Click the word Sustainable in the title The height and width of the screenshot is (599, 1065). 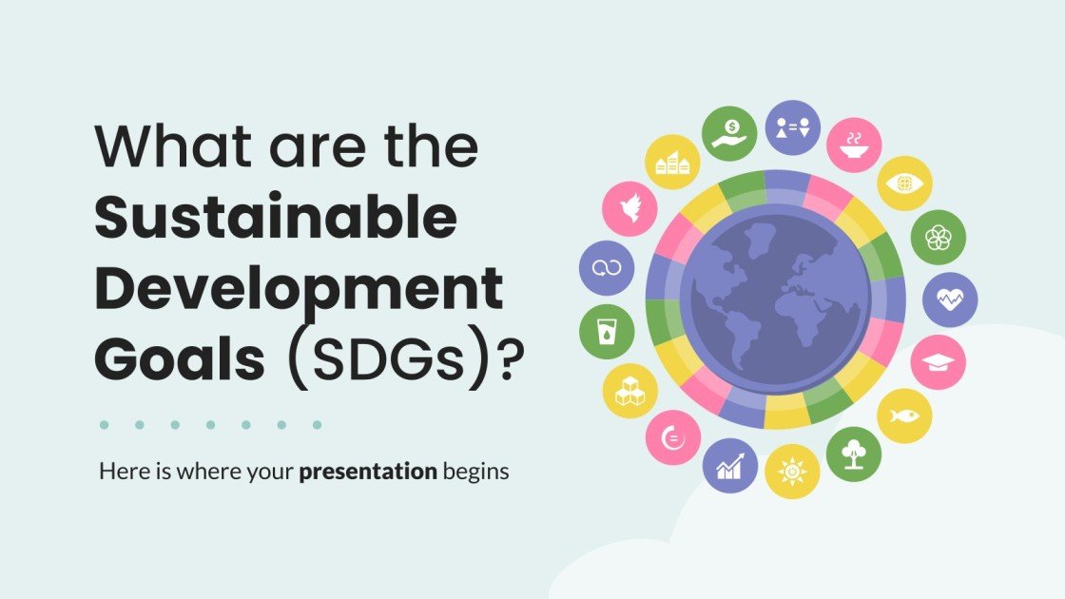(x=276, y=220)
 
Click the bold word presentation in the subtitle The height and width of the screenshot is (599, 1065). (x=368, y=471)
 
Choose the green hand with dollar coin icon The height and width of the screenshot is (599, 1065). (x=729, y=132)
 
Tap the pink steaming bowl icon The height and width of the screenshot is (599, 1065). (x=854, y=145)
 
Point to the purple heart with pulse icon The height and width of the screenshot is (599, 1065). (x=950, y=299)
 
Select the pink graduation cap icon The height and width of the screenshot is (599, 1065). (x=939, y=362)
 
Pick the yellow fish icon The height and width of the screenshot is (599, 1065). (x=904, y=415)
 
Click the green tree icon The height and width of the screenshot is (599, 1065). (x=854, y=454)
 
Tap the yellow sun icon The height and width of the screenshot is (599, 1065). (x=792, y=472)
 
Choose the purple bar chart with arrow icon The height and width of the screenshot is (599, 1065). (x=729, y=465)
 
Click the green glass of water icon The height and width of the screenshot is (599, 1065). (x=607, y=331)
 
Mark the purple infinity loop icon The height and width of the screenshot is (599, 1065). (x=607, y=269)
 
